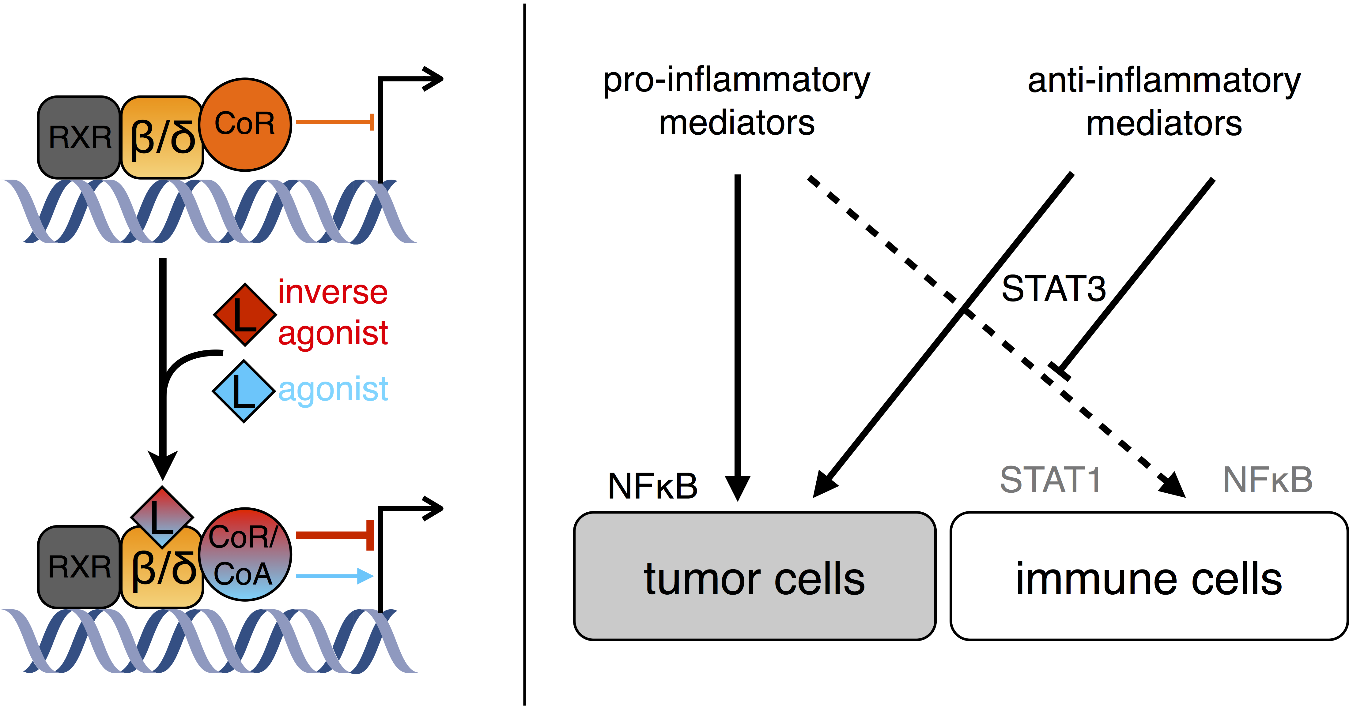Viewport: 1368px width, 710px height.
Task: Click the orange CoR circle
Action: (x=245, y=125)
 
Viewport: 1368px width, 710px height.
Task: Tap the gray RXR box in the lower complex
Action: (x=80, y=567)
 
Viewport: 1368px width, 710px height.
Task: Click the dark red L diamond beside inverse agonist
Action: (x=245, y=315)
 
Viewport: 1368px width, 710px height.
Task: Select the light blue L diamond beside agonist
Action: (x=244, y=392)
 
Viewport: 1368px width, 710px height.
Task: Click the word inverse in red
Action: (x=333, y=292)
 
